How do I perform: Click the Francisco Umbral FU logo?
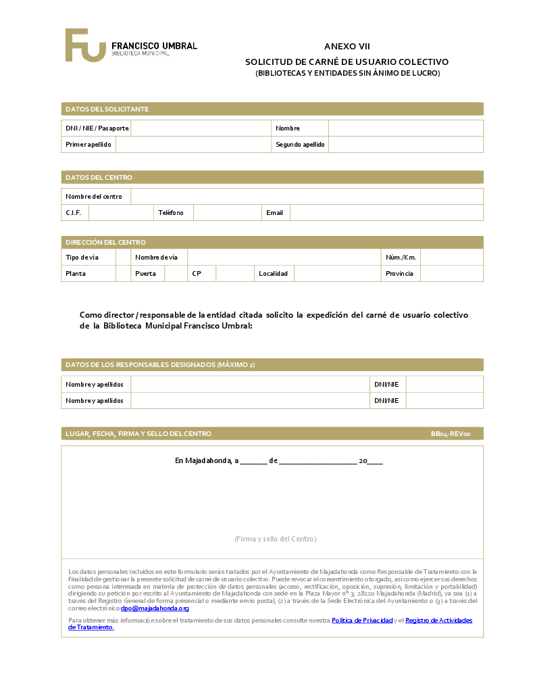(x=86, y=45)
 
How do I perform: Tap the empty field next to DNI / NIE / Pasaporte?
(x=201, y=128)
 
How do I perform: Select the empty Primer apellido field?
(x=193, y=145)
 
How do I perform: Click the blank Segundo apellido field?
(x=405, y=145)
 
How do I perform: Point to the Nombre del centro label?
(x=94, y=197)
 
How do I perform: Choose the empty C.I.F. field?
(x=121, y=213)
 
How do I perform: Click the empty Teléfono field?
(x=227, y=213)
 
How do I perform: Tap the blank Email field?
(x=386, y=213)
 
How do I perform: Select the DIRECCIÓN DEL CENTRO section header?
(x=105, y=242)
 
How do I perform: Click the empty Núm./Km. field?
(x=451, y=258)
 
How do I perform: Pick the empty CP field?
(x=234, y=274)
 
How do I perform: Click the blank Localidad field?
(x=336, y=274)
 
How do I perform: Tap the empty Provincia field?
(x=451, y=274)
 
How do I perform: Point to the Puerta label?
(x=145, y=274)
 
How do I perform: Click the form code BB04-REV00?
(x=451, y=434)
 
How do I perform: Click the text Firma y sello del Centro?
(x=276, y=539)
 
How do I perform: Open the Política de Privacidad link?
(x=362, y=620)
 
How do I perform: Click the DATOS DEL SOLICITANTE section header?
(x=107, y=110)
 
